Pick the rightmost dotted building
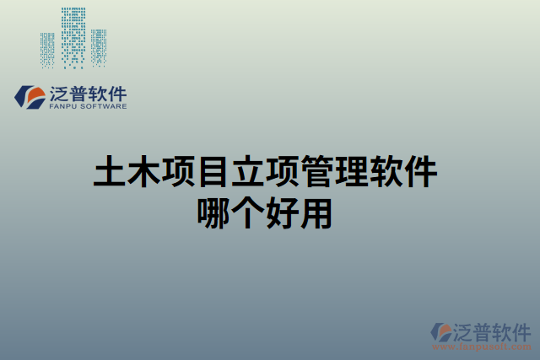click(x=99, y=47)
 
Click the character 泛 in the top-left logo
click(x=60, y=93)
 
